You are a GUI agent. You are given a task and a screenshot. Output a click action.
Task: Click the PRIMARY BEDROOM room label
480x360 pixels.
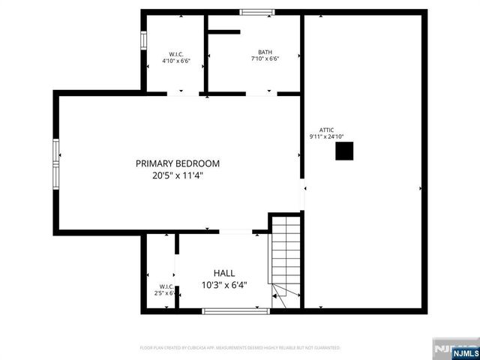tap(178, 163)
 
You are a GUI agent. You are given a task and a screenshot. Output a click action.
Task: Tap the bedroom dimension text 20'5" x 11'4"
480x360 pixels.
tap(178, 176)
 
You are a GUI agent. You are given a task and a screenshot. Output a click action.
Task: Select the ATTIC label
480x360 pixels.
tap(326, 130)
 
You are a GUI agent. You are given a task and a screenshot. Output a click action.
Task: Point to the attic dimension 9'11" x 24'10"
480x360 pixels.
tap(326, 137)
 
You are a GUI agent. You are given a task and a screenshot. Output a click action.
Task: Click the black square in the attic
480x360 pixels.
tap(343, 151)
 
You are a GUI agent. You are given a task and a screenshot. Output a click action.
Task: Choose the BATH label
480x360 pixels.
tap(265, 52)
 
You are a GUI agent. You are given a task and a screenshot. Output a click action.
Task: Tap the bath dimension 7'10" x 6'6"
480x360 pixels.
tap(265, 59)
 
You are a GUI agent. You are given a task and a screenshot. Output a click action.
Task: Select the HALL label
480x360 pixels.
tap(224, 274)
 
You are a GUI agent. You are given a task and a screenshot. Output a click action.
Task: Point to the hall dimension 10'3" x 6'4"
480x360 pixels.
tap(224, 285)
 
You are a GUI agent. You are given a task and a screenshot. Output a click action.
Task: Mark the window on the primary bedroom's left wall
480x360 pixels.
tap(55, 163)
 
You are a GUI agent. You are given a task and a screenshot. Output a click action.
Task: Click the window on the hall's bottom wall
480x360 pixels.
tap(235, 310)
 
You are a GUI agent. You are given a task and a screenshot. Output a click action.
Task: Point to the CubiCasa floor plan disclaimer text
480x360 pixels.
tap(240, 348)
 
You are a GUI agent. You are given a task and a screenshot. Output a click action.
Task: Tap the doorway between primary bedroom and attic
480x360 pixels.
tap(303, 196)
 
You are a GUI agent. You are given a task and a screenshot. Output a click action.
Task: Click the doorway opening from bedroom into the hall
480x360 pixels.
tap(235, 232)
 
